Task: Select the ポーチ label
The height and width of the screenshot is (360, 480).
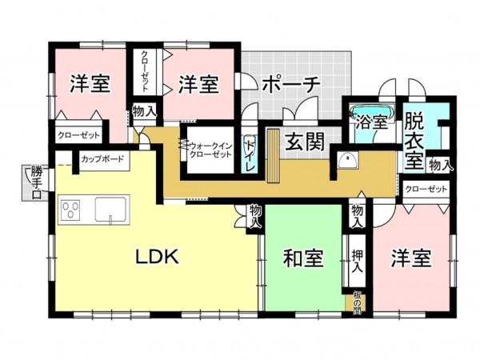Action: click(290, 83)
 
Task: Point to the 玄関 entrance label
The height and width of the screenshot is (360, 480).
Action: click(306, 142)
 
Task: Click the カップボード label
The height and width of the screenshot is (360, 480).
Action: click(102, 159)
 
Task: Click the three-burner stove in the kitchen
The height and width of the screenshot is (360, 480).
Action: click(70, 211)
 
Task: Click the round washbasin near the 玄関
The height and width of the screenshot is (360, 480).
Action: click(346, 160)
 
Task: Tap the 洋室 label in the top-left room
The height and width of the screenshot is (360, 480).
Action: click(90, 83)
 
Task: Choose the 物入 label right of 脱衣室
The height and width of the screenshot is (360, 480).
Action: click(439, 165)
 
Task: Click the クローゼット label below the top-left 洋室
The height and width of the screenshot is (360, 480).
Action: click(79, 135)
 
